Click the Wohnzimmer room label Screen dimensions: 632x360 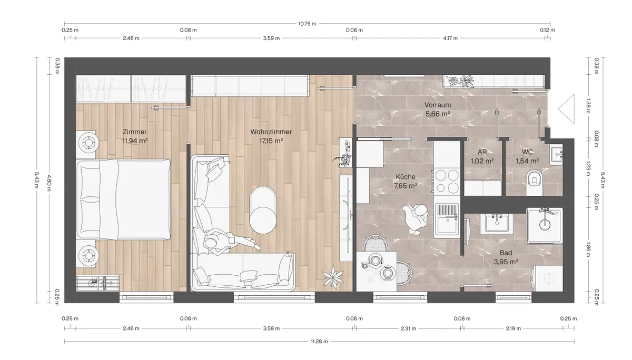tap(271, 132)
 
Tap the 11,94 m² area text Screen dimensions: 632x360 tap(135, 141)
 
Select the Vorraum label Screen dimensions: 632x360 tap(438, 105)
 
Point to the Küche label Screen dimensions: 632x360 tap(406, 177)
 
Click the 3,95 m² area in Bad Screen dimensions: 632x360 tap(506, 262)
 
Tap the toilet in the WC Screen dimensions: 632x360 tap(535, 183)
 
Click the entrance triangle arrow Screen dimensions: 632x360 tap(566, 109)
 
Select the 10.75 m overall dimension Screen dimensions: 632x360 tap(307, 24)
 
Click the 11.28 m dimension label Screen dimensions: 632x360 tap(319, 342)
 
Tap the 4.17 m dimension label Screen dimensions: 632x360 tap(450, 38)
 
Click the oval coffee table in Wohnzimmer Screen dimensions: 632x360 tap(263, 210)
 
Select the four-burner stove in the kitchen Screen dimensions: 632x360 tap(447, 181)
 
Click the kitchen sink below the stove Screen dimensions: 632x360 tap(447, 219)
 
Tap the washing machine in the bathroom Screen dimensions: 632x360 tap(547, 278)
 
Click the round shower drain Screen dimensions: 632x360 tap(545, 225)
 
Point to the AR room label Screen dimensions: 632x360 tap(482, 152)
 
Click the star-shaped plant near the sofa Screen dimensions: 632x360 tap(333, 277)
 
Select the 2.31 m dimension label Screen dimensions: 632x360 tap(408, 328)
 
